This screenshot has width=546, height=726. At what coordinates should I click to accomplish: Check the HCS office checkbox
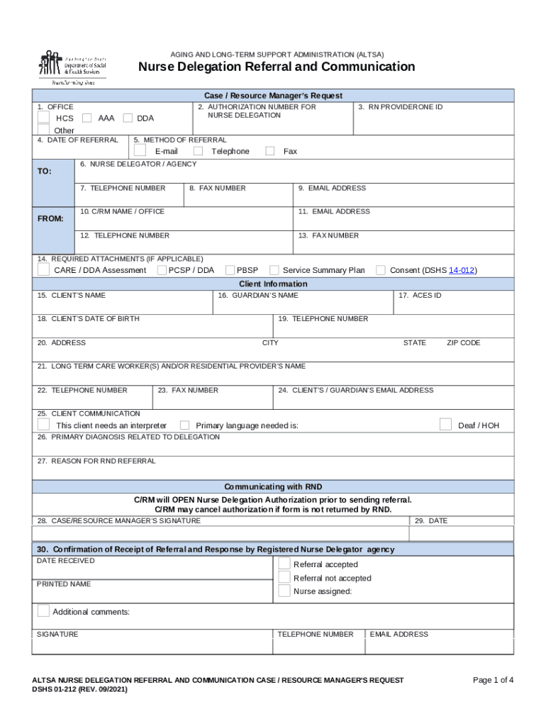44,118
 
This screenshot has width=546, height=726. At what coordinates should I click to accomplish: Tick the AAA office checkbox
87,118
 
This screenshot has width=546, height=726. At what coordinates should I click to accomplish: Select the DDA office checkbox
128,118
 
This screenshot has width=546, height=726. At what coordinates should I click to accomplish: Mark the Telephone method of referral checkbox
198,151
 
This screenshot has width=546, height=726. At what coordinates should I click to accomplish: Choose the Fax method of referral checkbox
270,151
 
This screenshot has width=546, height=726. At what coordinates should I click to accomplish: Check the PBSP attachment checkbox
230,270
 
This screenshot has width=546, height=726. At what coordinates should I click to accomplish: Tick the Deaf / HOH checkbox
445,425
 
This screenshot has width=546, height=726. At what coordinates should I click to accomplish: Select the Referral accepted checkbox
284,564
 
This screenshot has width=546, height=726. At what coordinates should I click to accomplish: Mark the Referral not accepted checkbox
284,578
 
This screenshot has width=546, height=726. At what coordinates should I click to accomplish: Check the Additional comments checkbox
43,611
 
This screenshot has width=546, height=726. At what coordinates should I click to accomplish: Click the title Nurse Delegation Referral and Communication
277,67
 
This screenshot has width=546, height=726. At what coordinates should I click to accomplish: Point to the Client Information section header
273,284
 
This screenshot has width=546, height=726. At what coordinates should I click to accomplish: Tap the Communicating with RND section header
273,486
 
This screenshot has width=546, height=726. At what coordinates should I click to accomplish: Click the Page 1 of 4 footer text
493,680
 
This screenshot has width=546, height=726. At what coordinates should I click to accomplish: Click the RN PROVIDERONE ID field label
400,107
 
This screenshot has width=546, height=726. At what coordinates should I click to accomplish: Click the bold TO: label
44,172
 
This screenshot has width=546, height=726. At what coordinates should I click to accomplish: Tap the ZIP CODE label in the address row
463,342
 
